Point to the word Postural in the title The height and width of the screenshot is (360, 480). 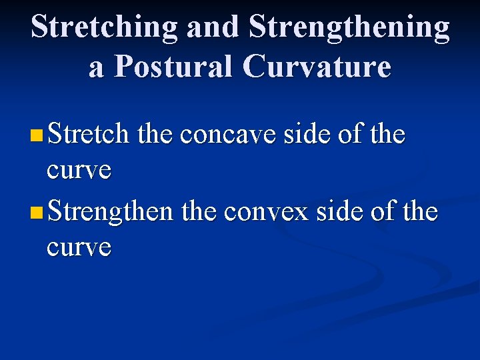(176, 67)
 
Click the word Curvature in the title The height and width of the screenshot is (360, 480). (317, 67)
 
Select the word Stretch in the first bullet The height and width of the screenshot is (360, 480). (88, 135)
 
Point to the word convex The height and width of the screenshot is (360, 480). (267, 212)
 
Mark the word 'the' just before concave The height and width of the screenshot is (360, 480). (156, 135)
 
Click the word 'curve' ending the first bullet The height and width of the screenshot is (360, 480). (79, 170)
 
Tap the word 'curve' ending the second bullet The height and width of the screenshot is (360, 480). (79, 247)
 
